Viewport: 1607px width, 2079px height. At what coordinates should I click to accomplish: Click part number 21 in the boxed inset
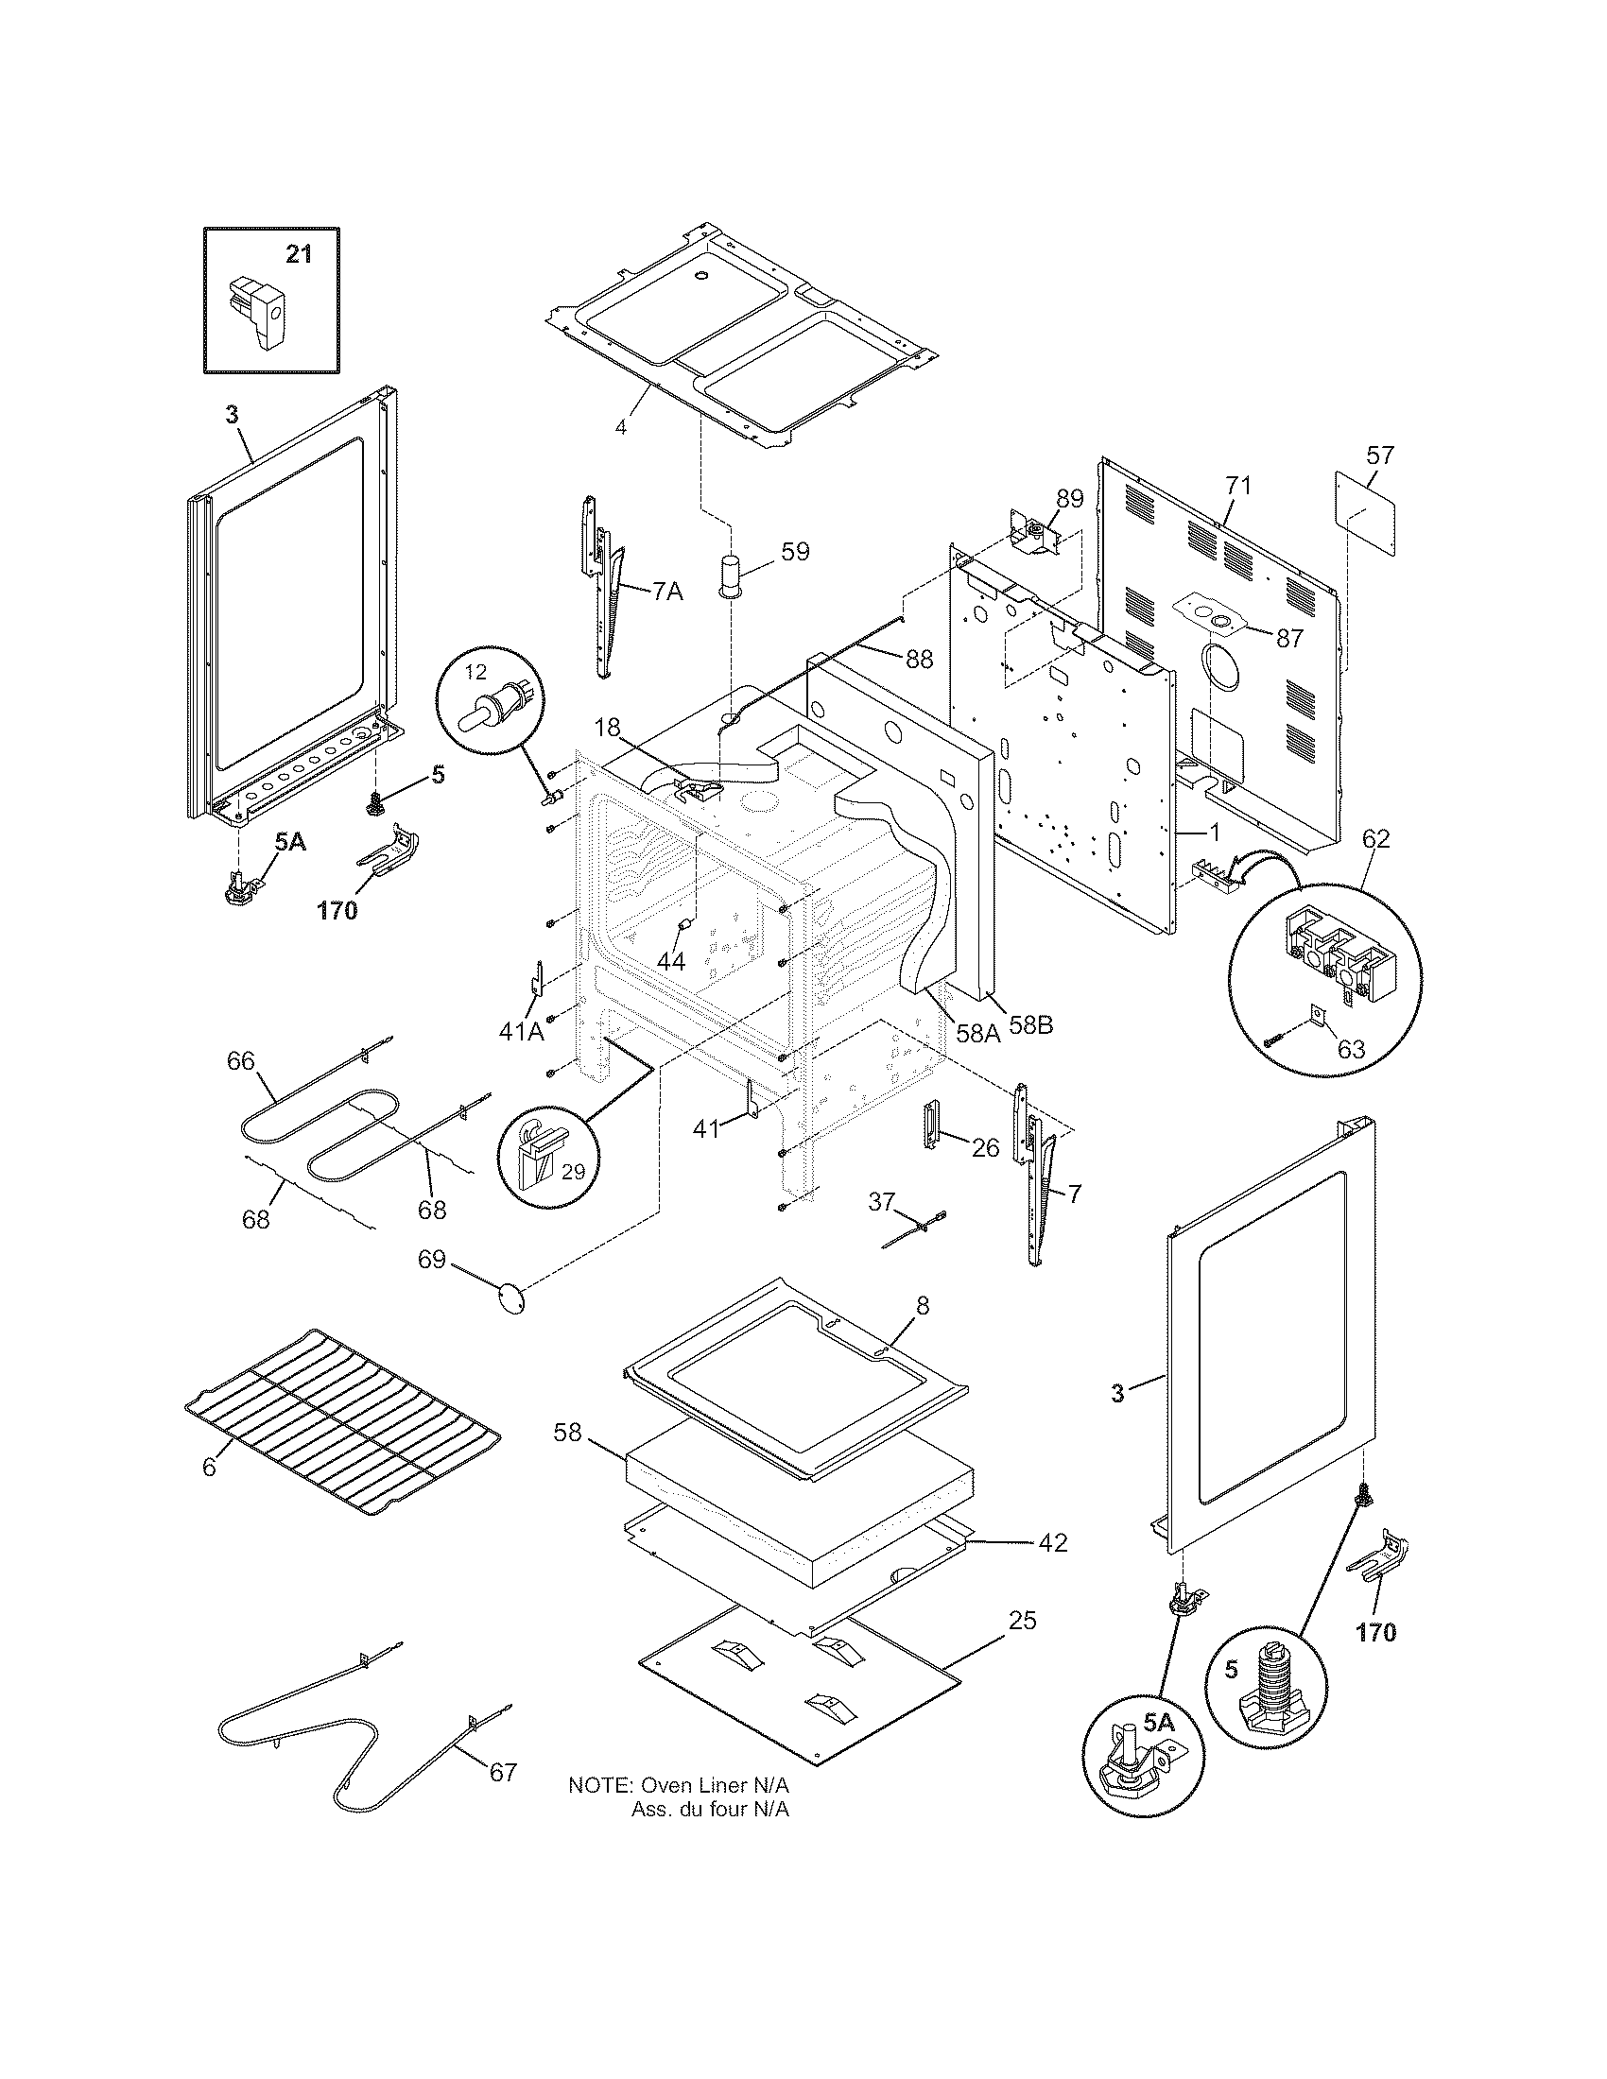click(x=299, y=254)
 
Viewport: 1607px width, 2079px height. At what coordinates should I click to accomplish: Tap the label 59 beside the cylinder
click(x=795, y=551)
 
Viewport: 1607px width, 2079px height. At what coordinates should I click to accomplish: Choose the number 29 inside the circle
click(x=573, y=1172)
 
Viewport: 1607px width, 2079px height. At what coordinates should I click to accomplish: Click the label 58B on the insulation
click(x=1030, y=1027)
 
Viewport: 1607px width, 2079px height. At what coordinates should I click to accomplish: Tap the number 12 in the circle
click(x=475, y=672)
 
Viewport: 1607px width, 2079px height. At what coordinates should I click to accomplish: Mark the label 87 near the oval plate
click(x=1289, y=639)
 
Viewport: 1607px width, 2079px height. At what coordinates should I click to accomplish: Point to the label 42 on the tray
click(x=1052, y=1542)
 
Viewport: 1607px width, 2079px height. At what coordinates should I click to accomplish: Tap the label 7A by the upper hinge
click(x=667, y=592)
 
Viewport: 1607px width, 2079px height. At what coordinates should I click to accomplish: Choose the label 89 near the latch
click(x=1070, y=499)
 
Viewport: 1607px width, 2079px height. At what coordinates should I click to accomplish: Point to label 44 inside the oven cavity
click(x=671, y=961)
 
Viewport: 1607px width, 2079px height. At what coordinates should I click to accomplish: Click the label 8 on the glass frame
click(x=922, y=1305)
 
